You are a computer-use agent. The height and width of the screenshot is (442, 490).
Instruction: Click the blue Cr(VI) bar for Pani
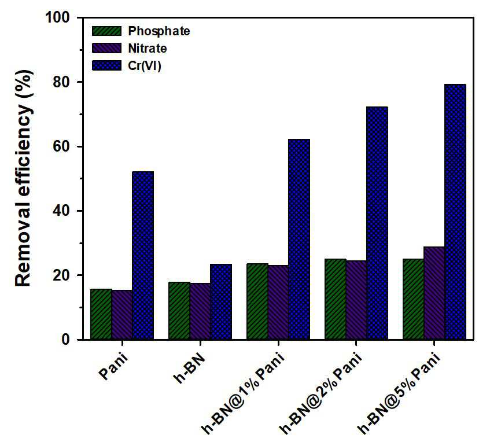143,255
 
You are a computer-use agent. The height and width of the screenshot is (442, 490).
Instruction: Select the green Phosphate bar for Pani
101,314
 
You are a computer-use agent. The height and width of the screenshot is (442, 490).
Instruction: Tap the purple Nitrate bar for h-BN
200,311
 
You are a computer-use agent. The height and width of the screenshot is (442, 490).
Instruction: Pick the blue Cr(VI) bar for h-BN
221,301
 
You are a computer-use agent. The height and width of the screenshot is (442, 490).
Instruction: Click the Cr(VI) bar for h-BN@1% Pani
299,239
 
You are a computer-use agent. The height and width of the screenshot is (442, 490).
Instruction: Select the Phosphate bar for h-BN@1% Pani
257,301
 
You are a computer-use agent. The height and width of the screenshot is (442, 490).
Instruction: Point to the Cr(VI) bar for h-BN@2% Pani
377,223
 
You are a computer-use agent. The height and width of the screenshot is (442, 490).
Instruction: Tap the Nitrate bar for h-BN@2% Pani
356,300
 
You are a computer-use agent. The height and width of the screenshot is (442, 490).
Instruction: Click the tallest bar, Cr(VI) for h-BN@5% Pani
455,212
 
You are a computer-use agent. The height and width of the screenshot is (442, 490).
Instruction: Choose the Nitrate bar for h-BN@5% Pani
434,293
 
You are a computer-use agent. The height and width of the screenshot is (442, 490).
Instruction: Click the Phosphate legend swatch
106,31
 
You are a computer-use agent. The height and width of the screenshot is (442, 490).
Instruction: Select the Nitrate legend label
148,49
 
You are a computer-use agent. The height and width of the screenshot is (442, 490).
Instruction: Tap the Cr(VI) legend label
145,66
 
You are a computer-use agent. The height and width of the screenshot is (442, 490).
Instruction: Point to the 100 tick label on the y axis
58,17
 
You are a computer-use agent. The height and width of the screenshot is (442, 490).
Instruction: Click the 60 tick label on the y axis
61,146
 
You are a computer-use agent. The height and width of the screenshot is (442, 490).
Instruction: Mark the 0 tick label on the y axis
65,340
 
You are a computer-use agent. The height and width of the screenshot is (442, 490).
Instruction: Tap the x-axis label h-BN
190,368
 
